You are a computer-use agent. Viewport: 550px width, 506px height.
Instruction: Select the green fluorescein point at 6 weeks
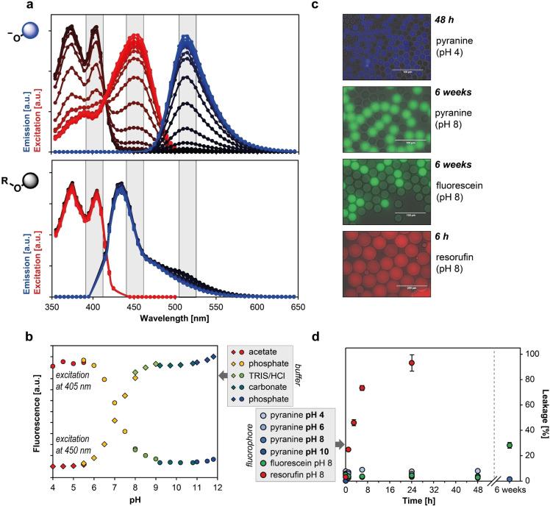click(x=510, y=445)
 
